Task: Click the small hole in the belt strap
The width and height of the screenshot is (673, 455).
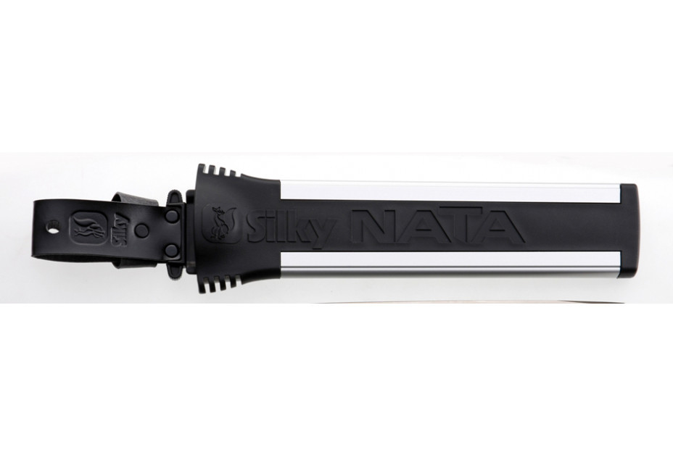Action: (52, 231)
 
